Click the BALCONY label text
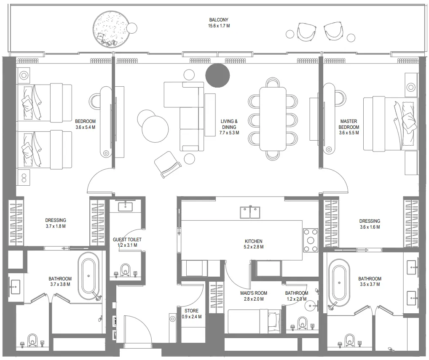tap(219, 20)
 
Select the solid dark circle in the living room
tap(217, 75)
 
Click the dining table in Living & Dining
tap(273, 118)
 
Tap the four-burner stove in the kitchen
tap(311, 240)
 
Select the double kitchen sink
tap(250, 212)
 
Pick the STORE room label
tap(192, 311)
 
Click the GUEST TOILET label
tap(127, 240)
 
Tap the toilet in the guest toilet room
tap(125, 270)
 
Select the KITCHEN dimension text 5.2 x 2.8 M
tap(254, 247)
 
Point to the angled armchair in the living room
tap(168, 164)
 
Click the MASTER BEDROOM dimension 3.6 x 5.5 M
tap(349, 133)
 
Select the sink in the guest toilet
tap(125, 206)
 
